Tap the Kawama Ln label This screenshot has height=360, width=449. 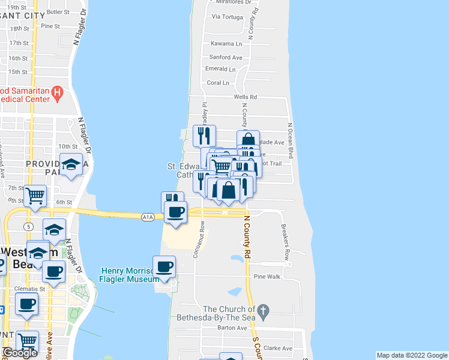pyautogui.click(x=226, y=44)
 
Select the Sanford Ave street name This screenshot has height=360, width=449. pyautogui.click(x=226, y=58)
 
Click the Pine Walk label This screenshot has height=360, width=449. pyautogui.click(x=267, y=277)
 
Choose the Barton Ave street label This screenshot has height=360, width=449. pyautogui.click(x=232, y=328)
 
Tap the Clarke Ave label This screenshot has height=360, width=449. pyautogui.click(x=277, y=348)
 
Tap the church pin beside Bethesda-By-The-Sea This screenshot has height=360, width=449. pyautogui.click(x=267, y=310)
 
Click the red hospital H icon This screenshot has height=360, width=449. pyautogui.click(x=58, y=92)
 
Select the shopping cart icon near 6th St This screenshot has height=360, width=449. pyautogui.click(x=35, y=194)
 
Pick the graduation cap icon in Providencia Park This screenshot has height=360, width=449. pyautogui.click(x=71, y=163)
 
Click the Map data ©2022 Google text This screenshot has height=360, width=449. pyautogui.click(x=412, y=355)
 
